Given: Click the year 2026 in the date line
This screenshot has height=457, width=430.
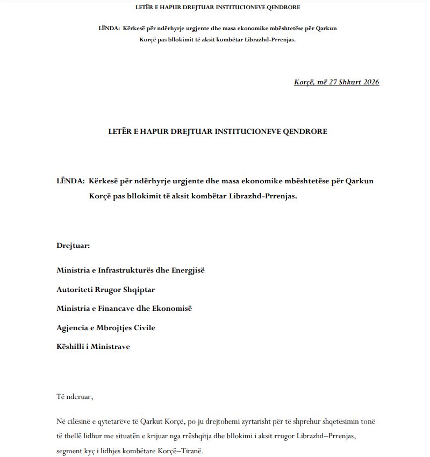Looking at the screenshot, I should tap(370, 82).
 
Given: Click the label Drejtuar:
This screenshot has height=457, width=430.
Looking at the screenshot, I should tap(73, 246).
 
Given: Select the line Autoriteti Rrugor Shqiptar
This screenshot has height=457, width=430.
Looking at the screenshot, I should tap(105, 289).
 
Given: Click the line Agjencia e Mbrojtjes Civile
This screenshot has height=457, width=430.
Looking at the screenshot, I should tap(106, 327).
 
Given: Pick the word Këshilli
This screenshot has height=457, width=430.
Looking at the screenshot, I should tap(71, 347).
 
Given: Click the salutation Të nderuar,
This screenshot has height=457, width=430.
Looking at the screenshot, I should tap(75, 397).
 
